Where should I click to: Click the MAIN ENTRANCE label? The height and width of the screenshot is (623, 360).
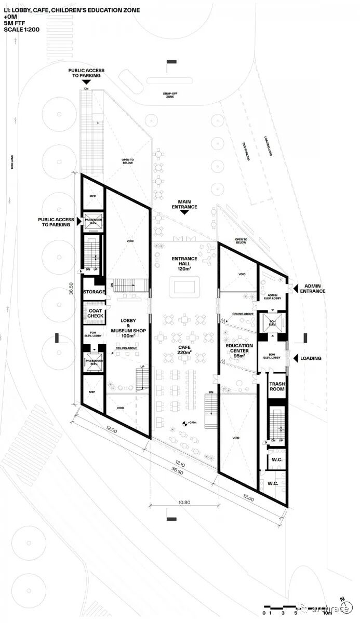(188, 204)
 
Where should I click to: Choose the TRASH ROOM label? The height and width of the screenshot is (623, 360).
(276, 387)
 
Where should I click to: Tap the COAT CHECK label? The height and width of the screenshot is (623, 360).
(95, 313)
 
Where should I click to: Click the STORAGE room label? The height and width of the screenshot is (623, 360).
(94, 292)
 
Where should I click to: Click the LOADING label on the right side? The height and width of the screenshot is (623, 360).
(311, 358)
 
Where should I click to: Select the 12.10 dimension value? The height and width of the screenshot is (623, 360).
(180, 464)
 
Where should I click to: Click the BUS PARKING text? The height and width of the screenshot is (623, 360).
(246, 152)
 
